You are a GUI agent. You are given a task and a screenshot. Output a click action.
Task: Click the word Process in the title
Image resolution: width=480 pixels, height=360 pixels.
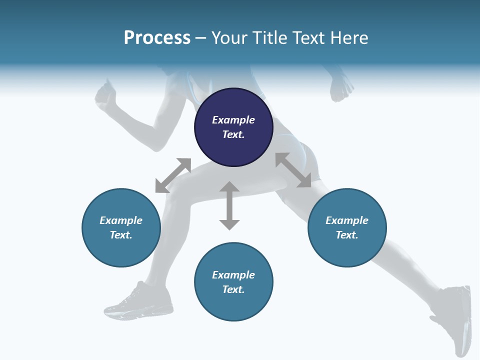point(157,38)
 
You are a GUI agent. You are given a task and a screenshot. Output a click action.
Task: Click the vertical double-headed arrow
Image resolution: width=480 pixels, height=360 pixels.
point(229,205)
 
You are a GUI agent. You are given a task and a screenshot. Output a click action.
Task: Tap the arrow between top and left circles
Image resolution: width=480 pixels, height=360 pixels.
point(173,175)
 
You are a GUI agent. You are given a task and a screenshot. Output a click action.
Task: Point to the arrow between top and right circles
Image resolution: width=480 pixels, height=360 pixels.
point(293,170)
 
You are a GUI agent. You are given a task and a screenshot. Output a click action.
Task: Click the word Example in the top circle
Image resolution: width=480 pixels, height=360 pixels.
point(233,120)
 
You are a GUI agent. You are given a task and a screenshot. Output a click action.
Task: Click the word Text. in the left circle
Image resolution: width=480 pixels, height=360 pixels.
point(121,235)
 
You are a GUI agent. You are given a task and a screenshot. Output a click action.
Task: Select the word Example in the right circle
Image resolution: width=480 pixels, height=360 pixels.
point(347,220)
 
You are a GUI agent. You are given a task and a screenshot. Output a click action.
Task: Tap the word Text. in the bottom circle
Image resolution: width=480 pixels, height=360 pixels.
point(233,289)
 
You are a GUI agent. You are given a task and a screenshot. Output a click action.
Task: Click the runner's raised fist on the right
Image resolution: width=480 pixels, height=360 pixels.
point(342,88)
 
